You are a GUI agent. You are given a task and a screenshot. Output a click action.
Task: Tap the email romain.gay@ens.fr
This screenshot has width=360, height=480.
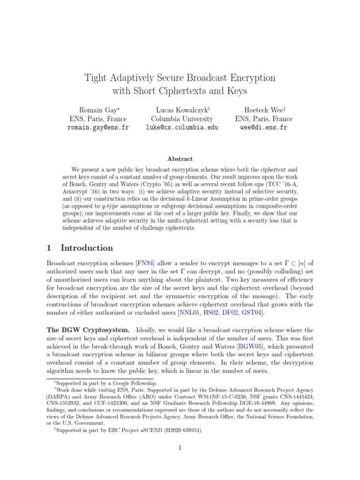coord(98,127)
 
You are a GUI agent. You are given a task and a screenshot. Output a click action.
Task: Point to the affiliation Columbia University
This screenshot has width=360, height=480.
coord(181,119)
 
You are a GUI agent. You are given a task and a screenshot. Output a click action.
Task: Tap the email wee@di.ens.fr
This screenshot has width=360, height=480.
coord(263,127)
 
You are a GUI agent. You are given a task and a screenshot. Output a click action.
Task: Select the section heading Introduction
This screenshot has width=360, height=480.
coord(87,248)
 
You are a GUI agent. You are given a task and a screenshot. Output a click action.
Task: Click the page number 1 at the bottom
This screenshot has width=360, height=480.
coord(180,448)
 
